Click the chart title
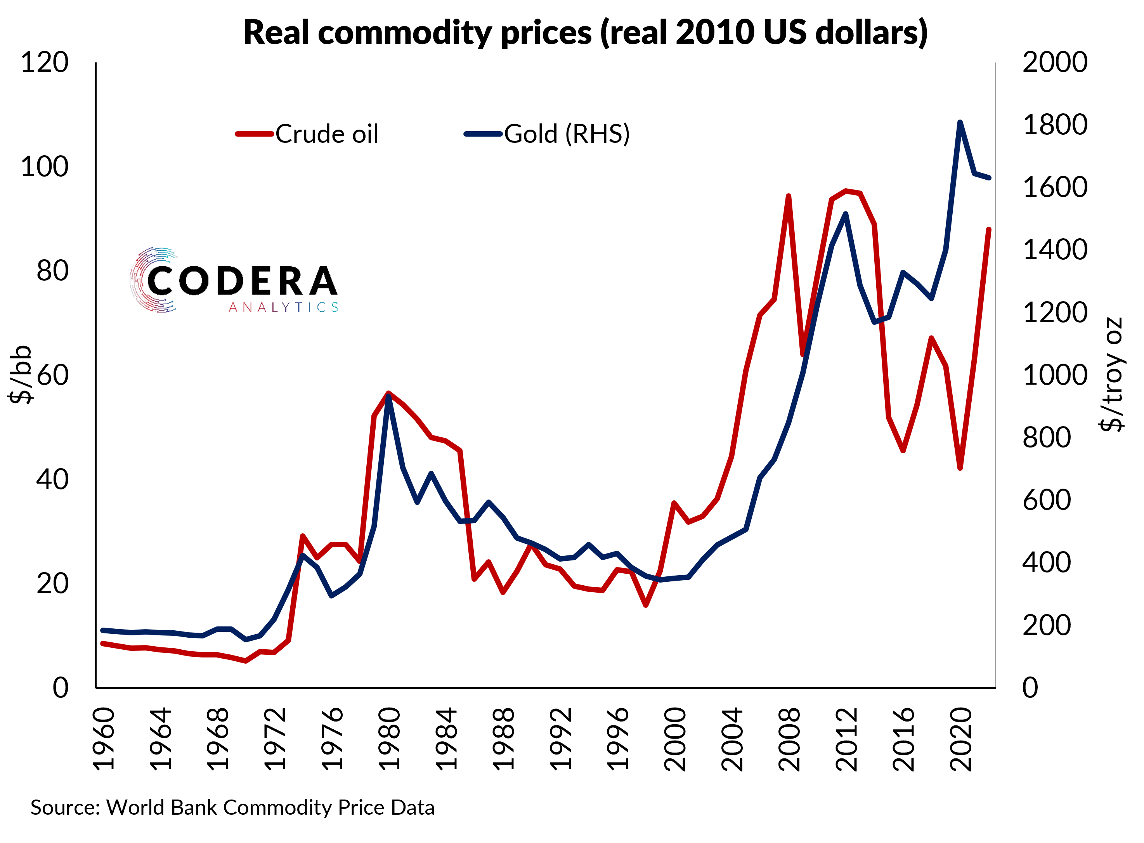pos(585,33)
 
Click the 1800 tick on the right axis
pos(1054,125)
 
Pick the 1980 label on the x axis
pos(389,739)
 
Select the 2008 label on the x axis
pos(789,739)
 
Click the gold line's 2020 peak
pos(960,123)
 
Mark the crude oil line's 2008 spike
pos(789,196)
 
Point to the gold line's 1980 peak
pos(389,396)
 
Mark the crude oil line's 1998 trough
pos(646,605)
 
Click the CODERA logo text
pos(241,281)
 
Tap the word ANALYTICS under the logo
pos(283,307)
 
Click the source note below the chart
pos(232,807)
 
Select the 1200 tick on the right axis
pos(1054,313)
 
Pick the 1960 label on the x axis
pos(104,739)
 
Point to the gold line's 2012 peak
pos(846,214)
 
